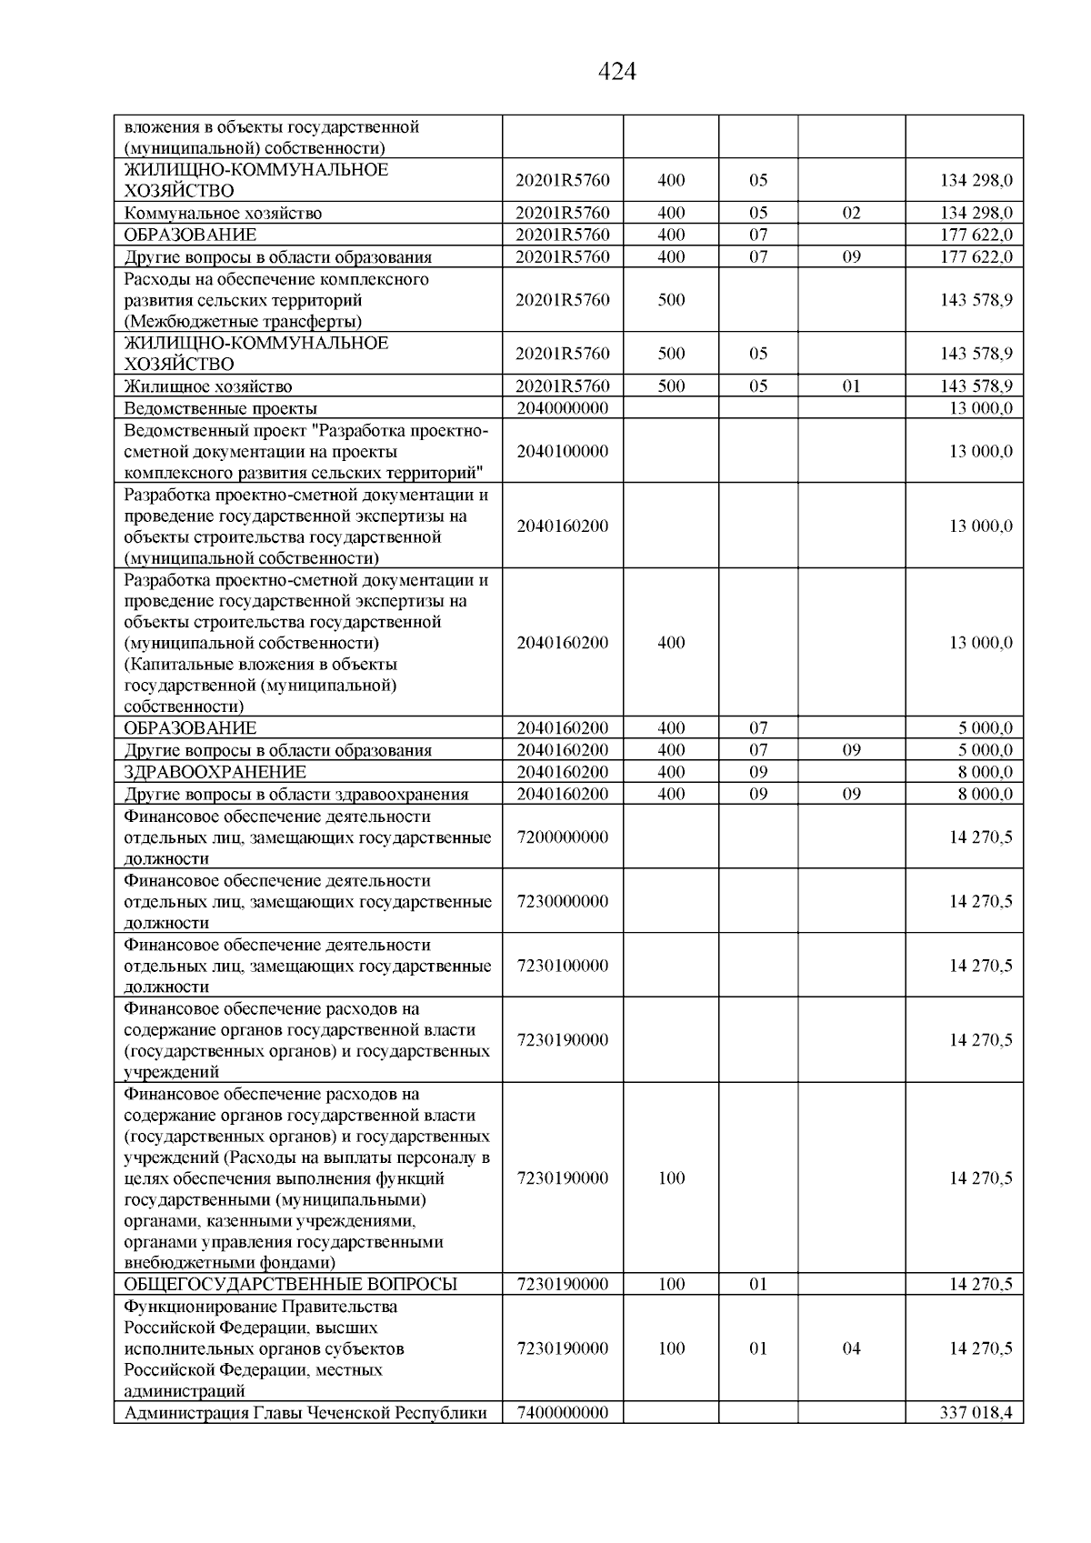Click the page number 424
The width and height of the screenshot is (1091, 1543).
tap(617, 72)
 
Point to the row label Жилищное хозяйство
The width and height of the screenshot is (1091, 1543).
tap(208, 386)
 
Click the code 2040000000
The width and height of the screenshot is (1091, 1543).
tap(562, 408)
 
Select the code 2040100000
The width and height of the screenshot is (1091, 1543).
tap(562, 451)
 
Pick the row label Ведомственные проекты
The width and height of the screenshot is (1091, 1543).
tap(221, 408)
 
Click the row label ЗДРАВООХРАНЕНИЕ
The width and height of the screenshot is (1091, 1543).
tap(215, 772)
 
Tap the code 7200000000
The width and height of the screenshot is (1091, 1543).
tap(562, 837)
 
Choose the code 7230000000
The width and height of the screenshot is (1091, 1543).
tap(562, 901)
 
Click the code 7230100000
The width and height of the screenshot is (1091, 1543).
tap(562, 965)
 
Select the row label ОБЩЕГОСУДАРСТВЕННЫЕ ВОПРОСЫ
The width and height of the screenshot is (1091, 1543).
tap(290, 1284)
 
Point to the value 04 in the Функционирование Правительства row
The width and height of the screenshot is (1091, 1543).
tap(851, 1348)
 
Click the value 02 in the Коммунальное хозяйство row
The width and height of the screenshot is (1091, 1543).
tap(851, 213)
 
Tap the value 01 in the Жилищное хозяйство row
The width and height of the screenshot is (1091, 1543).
tap(851, 386)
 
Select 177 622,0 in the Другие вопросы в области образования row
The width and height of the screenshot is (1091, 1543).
tap(976, 256)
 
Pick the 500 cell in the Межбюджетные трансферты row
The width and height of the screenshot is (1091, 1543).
tap(671, 300)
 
